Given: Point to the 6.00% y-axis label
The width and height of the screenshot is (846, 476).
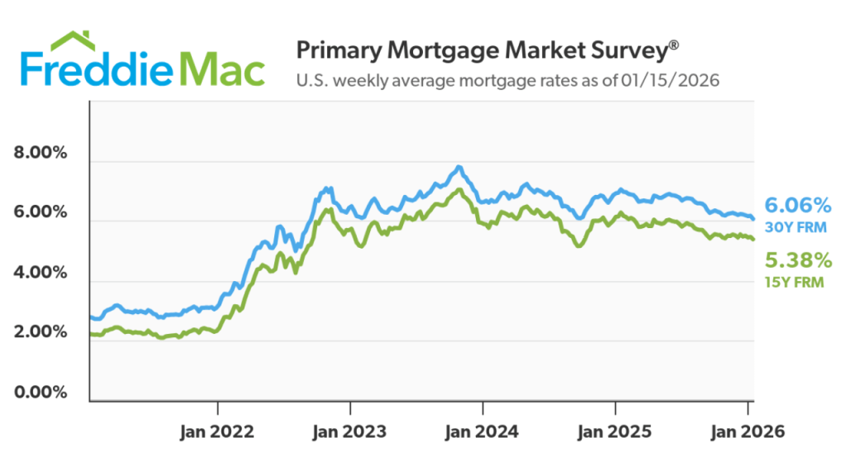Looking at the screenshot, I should pyautogui.click(x=42, y=212).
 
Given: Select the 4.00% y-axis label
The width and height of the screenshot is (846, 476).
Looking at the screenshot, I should pyautogui.click(x=42, y=272).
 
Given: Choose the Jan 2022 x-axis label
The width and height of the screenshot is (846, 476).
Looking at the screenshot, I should pyautogui.click(x=217, y=431).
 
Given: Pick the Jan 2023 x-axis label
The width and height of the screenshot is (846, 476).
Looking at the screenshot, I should pyautogui.click(x=350, y=431).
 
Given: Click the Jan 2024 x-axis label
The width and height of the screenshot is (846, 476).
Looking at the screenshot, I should pyautogui.click(x=483, y=431).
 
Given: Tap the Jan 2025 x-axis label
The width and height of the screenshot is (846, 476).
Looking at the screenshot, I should pyautogui.click(x=615, y=431).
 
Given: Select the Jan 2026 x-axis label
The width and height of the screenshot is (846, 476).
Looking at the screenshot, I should pyautogui.click(x=748, y=431).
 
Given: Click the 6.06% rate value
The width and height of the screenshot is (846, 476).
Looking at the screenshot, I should pyautogui.click(x=797, y=204).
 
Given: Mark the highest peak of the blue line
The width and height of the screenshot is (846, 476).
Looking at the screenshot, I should pyautogui.click(x=459, y=167).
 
